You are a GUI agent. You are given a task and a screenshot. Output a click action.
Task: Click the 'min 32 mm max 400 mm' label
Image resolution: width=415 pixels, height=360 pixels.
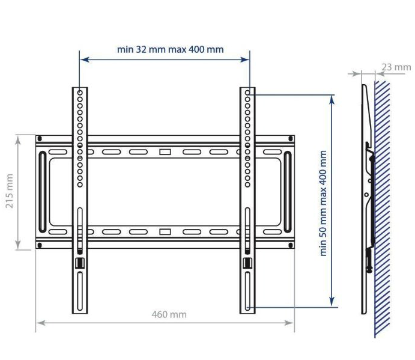coord(171,49)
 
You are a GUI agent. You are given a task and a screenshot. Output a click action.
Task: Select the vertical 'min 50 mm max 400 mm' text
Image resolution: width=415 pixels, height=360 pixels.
coord(324,203)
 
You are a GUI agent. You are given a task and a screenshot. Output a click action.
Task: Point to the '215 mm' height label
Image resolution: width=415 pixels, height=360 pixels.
coord(10,192)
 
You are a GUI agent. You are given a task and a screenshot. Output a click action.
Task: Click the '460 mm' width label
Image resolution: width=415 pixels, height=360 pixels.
coord(169,314)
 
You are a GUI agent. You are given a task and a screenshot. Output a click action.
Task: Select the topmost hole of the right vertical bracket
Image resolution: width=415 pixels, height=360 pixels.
coord(247,93)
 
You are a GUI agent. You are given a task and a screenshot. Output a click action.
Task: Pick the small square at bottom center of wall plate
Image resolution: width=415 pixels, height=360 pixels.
coord(165,231)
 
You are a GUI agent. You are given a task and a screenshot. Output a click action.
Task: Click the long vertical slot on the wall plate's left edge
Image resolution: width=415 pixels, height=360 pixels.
coord(41,192)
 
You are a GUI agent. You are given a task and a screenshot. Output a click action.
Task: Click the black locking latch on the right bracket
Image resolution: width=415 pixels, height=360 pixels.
coord(247,263)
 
